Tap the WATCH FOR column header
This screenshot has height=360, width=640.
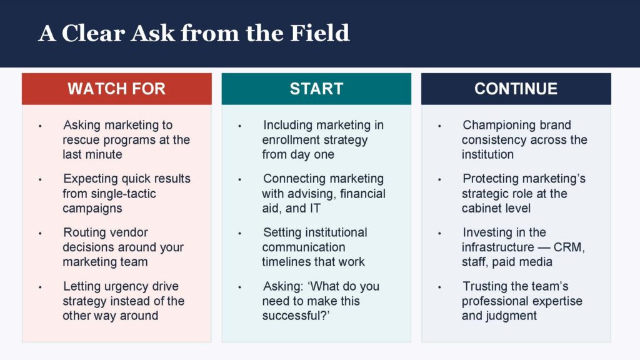pyautogui.click(x=117, y=89)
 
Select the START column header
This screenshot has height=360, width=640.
pyautogui.click(x=316, y=89)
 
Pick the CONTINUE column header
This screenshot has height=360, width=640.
pyautogui.click(x=516, y=89)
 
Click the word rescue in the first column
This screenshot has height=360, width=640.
pyautogui.click(x=81, y=140)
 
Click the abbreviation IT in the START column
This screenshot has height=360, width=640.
pyautogui.click(x=315, y=208)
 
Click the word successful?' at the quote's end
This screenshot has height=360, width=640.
pyautogui.click(x=296, y=316)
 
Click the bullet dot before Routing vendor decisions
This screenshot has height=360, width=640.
pyautogui.click(x=40, y=234)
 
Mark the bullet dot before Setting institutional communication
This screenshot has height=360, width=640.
pyautogui.click(x=239, y=234)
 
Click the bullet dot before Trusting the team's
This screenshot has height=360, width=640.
pyautogui.click(x=439, y=287)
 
